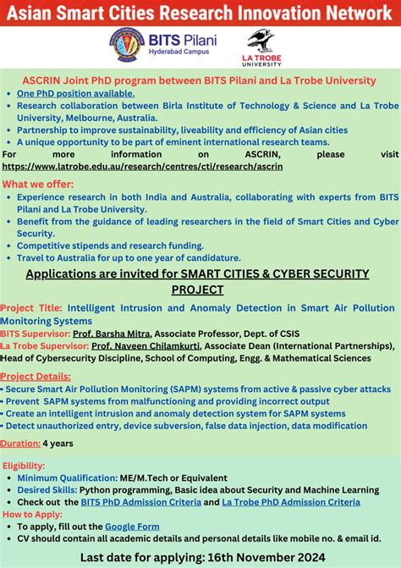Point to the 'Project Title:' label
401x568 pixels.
tap(31, 310)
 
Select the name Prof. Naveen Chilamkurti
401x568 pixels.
tap(133, 346)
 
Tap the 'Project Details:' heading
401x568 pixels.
tap(36, 377)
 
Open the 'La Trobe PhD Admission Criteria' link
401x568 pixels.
tap(290, 502)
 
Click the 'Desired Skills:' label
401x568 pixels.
tap(47, 490)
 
